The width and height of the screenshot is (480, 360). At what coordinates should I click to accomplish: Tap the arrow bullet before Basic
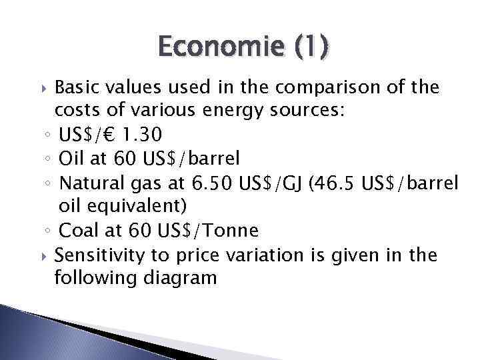pyautogui.click(x=44, y=88)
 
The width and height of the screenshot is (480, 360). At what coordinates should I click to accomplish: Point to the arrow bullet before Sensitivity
pyautogui.click(x=44, y=255)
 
